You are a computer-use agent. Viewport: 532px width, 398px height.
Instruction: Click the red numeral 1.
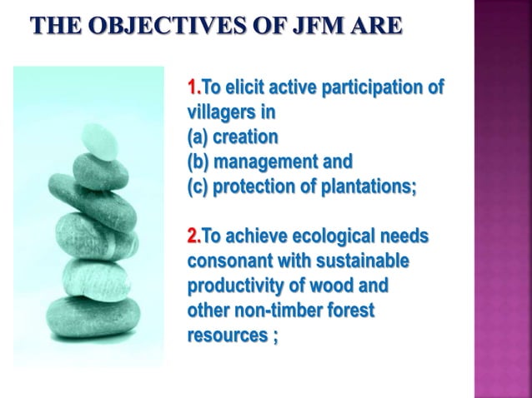[x=192, y=87]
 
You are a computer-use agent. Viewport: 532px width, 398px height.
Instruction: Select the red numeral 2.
[x=192, y=237]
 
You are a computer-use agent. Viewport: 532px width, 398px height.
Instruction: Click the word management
[x=269, y=161]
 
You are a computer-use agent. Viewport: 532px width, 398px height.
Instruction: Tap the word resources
[x=224, y=336]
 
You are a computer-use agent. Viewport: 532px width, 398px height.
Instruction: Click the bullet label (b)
[x=198, y=161]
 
